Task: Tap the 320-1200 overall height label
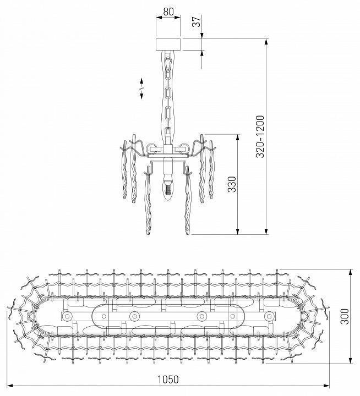click(x=260, y=136)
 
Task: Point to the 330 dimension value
click(x=232, y=185)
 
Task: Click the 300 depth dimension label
click(x=344, y=317)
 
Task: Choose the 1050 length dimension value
click(x=168, y=380)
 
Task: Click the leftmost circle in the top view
click(x=67, y=317)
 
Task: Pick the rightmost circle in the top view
click(x=269, y=317)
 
